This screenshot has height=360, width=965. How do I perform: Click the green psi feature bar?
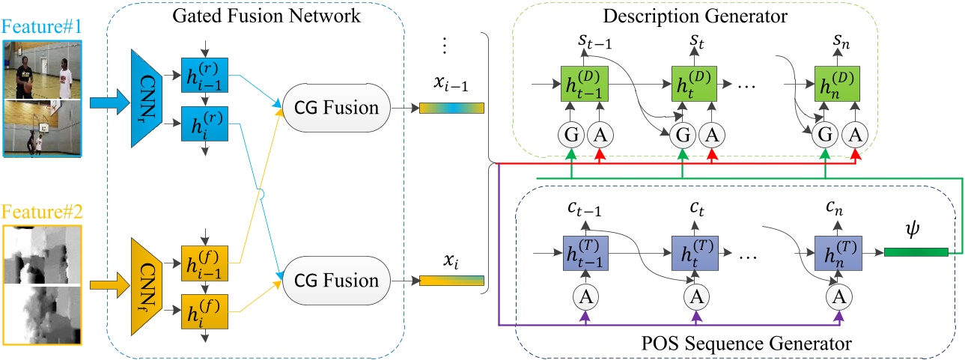tap(916, 252)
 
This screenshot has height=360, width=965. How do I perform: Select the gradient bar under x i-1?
tap(451, 108)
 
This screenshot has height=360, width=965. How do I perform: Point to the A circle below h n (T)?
tap(838, 297)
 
